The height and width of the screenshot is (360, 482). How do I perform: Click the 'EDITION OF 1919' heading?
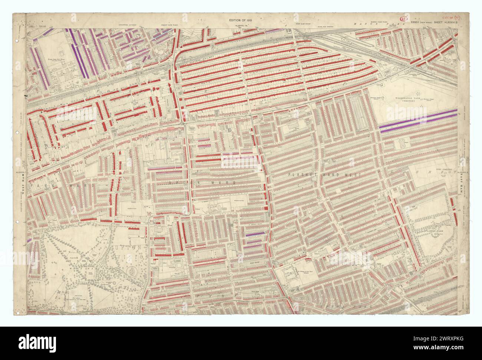click(x=241, y=20)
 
